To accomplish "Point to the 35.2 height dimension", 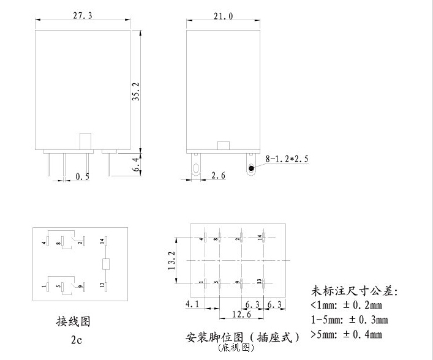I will pyautogui.click(x=136, y=92).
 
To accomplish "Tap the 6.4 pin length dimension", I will pyautogui.click(x=136, y=164).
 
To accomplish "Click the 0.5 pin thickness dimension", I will pyautogui.click(x=81, y=177).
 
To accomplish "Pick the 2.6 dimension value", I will pyautogui.click(x=217, y=176).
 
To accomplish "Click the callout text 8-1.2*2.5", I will pyautogui.click(x=287, y=159).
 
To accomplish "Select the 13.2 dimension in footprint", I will pyautogui.click(x=173, y=260).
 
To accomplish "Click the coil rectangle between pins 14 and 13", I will pyautogui.click(x=105, y=264).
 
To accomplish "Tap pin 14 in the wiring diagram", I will pyautogui.click(x=105, y=242).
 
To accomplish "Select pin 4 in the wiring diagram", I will pyautogui.click(x=47, y=241).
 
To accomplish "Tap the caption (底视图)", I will pyautogui.click(x=235, y=348).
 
